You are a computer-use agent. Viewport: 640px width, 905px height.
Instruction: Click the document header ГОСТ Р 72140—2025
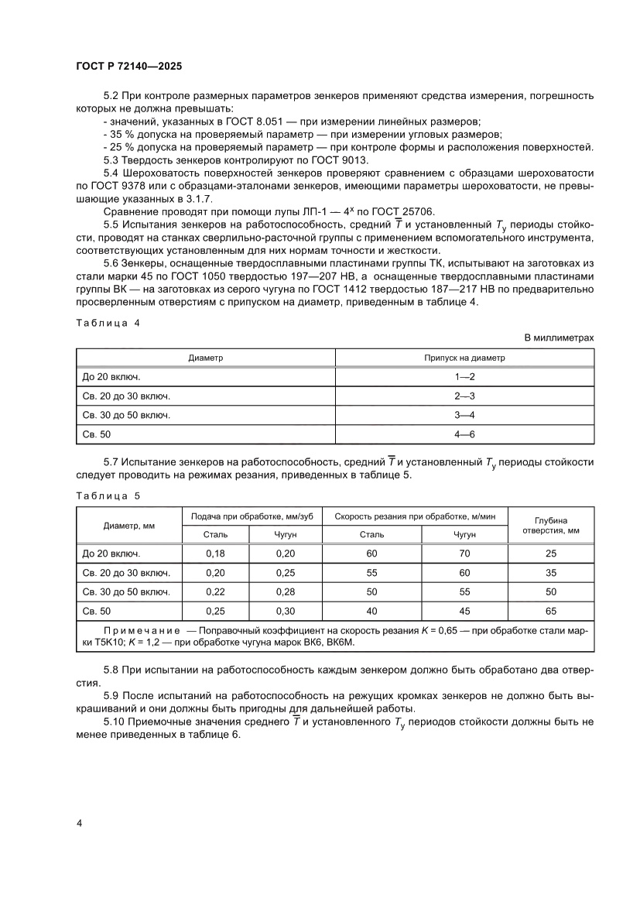[128, 67]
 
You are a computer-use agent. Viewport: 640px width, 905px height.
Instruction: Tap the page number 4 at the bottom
[79, 822]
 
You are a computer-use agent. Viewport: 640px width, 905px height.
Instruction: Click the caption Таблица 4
[108, 324]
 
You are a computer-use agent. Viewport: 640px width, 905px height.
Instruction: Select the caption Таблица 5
[108, 495]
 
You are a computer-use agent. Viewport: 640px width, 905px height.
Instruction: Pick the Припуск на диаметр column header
[464, 358]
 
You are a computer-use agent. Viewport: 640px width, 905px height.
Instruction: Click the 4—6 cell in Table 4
[464, 434]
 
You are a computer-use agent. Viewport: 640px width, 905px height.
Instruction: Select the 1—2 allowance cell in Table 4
[464, 377]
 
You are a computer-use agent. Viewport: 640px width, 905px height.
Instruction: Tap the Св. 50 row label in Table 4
[97, 434]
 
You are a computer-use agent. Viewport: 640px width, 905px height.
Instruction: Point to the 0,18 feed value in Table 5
[214, 554]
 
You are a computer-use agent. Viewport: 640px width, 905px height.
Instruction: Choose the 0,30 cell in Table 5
[281, 611]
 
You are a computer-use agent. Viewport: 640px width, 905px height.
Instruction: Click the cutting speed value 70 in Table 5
[464, 554]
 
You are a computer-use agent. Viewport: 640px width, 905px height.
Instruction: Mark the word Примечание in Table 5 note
[142, 631]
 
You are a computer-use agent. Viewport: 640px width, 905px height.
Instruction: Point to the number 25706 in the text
[416, 211]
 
